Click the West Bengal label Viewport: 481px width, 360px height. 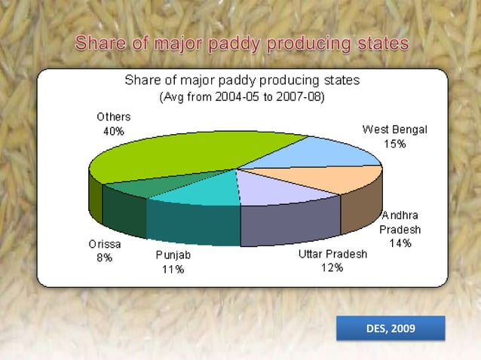coord(394,130)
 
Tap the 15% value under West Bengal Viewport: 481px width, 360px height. coord(394,144)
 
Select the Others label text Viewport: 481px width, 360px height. coord(113,117)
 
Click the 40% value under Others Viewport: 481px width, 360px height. coord(113,131)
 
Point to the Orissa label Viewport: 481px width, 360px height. coord(103,244)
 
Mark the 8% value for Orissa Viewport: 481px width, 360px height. coord(103,258)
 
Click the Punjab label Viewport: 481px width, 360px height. coord(173,255)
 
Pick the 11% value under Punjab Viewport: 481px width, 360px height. coord(173,270)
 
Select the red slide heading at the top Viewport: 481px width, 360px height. coord(241,44)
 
